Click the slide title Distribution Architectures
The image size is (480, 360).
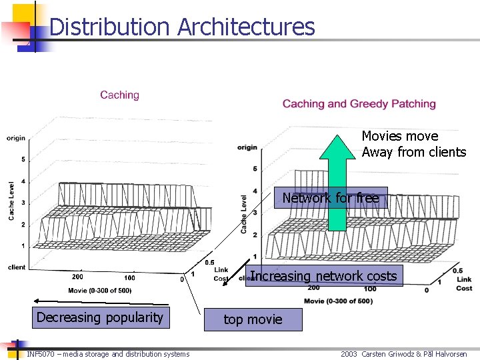(181, 27)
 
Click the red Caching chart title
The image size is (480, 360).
(119, 95)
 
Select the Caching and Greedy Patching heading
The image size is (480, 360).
(359, 103)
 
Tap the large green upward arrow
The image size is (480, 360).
(337, 180)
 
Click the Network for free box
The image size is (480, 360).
(330, 198)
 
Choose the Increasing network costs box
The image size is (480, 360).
(324, 276)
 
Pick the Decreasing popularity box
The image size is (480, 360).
(99, 317)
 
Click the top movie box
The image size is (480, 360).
(253, 319)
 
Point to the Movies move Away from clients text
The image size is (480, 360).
(413, 144)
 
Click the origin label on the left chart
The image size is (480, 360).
(16, 138)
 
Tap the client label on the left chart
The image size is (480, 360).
(17, 267)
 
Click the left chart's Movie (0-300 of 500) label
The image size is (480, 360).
(100, 291)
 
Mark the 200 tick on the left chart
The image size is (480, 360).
(77, 277)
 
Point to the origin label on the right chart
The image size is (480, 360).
(247, 147)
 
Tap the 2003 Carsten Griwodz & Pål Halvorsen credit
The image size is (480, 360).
(403, 354)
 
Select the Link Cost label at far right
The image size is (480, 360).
(464, 283)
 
